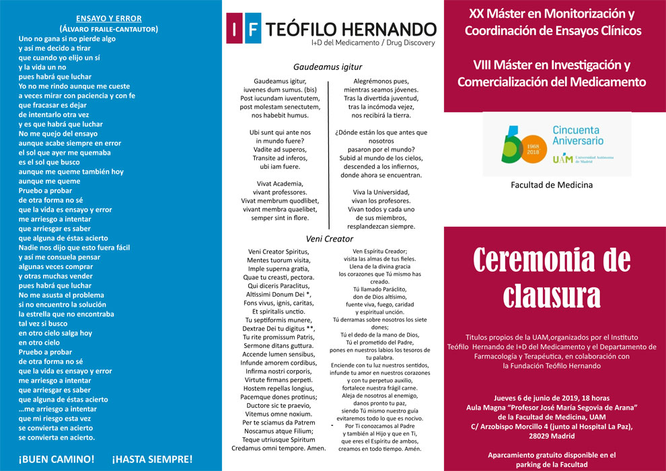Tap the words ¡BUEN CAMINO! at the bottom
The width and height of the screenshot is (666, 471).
[x=57, y=459]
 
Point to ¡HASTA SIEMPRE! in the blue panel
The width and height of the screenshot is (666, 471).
[x=152, y=459]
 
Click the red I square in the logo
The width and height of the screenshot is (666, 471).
[x=233, y=30]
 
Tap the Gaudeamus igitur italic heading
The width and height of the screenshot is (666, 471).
[x=328, y=67]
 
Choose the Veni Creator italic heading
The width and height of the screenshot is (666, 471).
[x=329, y=238]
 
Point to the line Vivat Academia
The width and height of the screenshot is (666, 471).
[x=280, y=183]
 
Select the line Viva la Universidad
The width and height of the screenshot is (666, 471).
[x=381, y=192]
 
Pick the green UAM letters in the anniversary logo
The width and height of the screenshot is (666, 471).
[x=562, y=159]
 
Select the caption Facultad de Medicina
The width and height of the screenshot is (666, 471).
[x=552, y=185]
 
